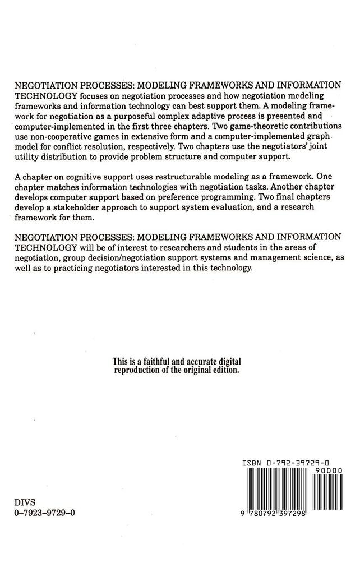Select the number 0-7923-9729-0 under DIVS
44,513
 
